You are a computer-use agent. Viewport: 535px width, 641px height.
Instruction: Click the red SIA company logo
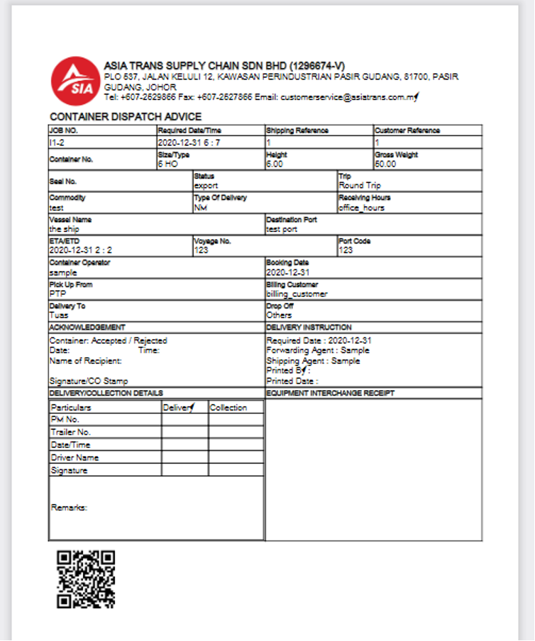[75, 81]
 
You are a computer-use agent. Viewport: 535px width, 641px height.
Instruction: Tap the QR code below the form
[85, 579]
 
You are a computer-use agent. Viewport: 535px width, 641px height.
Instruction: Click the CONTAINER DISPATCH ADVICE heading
[126, 117]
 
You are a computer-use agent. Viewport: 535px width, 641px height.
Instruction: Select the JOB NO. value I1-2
[57, 143]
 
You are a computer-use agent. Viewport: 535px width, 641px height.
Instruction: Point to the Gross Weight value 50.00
[385, 164]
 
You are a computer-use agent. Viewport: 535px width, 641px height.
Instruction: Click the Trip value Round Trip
[360, 186]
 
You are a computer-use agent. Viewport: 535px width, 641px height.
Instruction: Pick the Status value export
[206, 186]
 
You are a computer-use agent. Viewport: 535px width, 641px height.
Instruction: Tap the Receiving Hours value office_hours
[361, 208]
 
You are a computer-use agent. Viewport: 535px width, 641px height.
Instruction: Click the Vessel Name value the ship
[65, 229]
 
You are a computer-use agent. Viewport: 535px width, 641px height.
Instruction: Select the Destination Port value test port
[283, 229]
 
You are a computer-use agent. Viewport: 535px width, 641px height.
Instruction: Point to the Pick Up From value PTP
[57, 293]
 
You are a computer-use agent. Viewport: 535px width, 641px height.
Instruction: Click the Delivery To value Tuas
[59, 315]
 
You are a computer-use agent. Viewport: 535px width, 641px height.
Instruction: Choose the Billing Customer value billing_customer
[297, 294]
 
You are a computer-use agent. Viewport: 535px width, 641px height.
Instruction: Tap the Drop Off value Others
[279, 315]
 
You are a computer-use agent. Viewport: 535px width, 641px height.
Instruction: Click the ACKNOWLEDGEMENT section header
[87, 328]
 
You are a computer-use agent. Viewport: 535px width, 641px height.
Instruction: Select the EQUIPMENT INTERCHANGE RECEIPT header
[330, 393]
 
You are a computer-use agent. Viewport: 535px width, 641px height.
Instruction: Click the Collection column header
[228, 408]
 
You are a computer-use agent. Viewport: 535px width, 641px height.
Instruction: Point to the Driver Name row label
[75, 457]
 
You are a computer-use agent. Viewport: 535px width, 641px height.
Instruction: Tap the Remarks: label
[69, 508]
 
